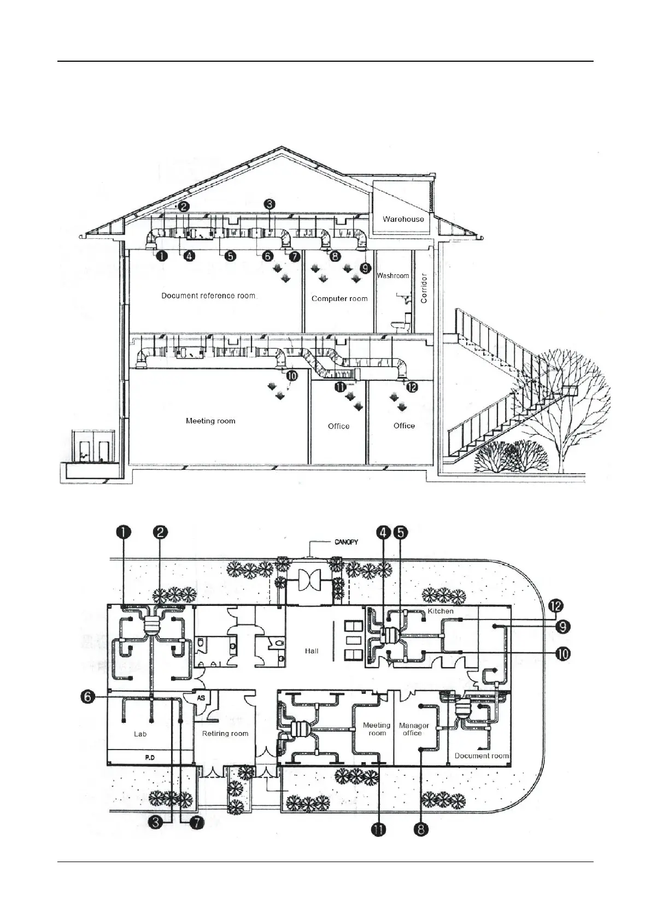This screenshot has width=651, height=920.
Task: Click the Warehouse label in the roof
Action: (x=403, y=219)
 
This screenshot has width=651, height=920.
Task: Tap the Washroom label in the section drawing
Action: (x=392, y=275)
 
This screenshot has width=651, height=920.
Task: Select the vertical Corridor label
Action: (x=424, y=288)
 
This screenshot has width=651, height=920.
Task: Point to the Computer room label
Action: (x=339, y=298)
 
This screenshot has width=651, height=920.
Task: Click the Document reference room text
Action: (x=208, y=296)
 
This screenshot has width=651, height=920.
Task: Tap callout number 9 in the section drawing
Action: (x=365, y=268)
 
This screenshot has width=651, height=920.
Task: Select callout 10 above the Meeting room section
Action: (x=291, y=375)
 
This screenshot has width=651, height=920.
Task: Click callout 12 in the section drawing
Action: (x=411, y=387)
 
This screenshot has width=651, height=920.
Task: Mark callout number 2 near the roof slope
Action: (x=183, y=207)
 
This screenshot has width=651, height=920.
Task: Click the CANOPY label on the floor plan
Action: (x=348, y=543)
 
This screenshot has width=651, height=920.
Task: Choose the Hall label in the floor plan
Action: (x=312, y=651)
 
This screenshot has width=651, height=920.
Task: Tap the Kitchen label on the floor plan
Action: (x=441, y=611)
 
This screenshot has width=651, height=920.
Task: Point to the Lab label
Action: (x=140, y=734)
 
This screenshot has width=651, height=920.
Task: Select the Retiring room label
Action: (x=225, y=733)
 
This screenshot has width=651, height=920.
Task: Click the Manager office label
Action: (x=414, y=729)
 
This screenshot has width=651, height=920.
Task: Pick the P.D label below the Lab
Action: (x=150, y=758)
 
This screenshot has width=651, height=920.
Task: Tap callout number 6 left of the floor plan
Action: (x=90, y=698)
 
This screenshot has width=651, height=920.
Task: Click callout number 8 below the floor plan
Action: (x=420, y=830)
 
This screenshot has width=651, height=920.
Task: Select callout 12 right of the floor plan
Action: (x=556, y=606)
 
